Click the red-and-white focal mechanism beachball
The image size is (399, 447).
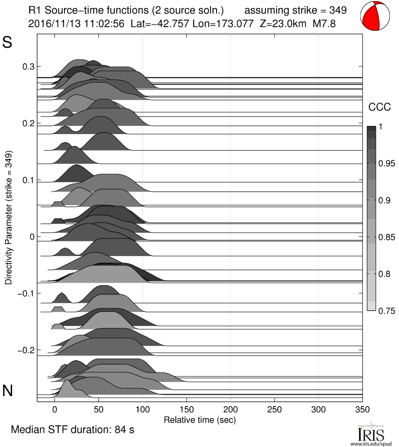pyautogui.click(x=376, y=16)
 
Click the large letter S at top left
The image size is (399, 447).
pyautogui.click(x=8, y=43)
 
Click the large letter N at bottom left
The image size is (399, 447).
pyautogui.click(x=8, y=391)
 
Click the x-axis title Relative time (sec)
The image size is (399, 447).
pyautogui.click(x=199, y=419)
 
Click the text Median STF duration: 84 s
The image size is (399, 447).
pyautogui.click(x=73, y=430)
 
